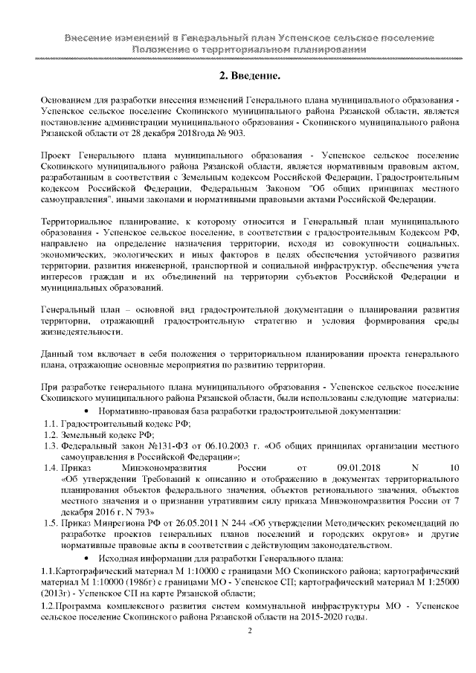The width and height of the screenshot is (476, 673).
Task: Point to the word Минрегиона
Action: (118, 524)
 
